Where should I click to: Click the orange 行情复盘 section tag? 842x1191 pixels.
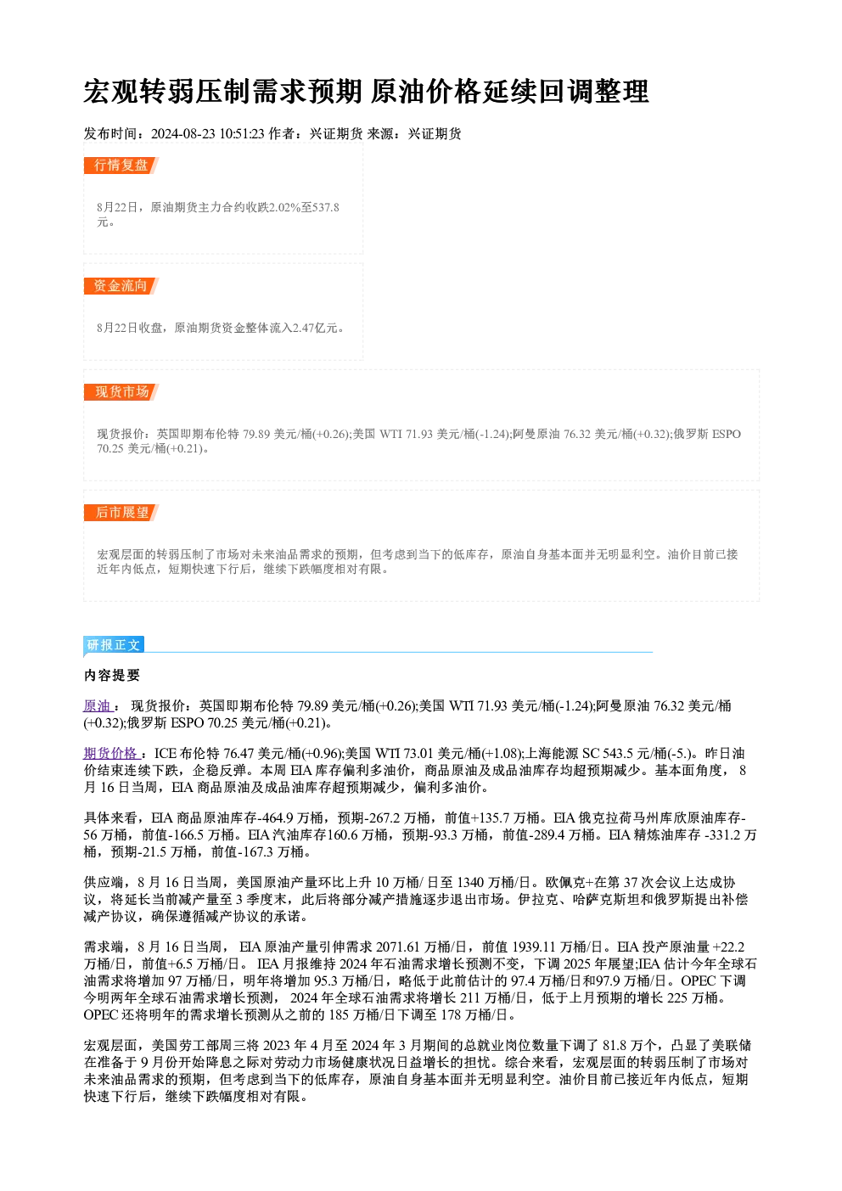coord(121,166)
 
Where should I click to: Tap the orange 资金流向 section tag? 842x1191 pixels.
coord(121,286)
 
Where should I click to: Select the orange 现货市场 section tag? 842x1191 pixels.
coord(121,392)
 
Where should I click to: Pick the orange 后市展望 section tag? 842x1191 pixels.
coord(121,513)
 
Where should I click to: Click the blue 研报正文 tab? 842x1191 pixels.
coord(114,644)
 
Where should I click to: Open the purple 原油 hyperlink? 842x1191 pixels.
coord(97,705)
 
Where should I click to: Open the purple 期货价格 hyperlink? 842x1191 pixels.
coord(110,753)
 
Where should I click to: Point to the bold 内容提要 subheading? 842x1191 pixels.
coord(112,675)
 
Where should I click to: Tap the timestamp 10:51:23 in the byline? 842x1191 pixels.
coord(242,133)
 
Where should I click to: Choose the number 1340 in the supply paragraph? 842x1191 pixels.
coord(470,882)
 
